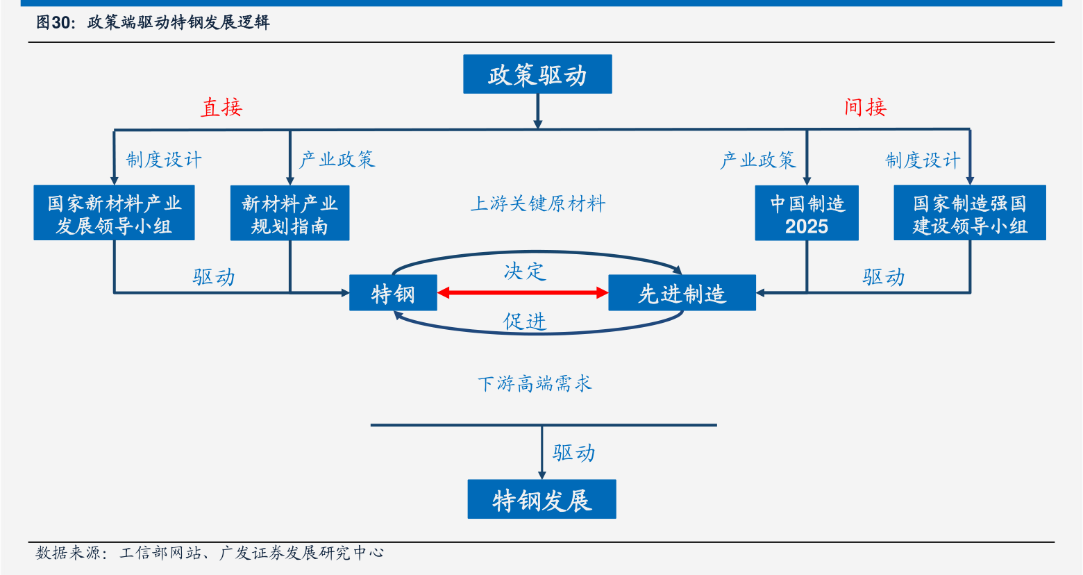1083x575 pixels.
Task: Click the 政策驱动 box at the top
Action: pos(537,74)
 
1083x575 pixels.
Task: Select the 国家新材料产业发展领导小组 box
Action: pos(114,212)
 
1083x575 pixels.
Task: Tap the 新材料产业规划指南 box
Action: pos(289,213)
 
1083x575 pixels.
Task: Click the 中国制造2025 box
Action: pos(807,213)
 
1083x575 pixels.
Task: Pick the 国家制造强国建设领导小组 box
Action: pos(969,212)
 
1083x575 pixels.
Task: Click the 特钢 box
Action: pos(393,293)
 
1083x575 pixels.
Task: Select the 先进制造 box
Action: pos(682,293)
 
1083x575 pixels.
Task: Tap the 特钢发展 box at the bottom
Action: pos(541,499)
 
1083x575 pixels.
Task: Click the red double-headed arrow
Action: pos(523,292)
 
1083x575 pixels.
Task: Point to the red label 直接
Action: pos(221,108)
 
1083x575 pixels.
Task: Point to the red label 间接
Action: pos(865,108)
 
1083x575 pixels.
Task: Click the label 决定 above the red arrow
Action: pos(525,272)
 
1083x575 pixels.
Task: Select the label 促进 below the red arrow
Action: pos(525,321)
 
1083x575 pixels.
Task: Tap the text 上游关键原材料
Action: pos(537,204)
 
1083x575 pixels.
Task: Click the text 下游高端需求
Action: pos(535,383)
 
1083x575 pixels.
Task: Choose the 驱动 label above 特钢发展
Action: pos(574,453)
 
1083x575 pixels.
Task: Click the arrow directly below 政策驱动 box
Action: pos(537,111)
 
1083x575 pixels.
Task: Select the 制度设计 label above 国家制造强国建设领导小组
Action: pos(923,160)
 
